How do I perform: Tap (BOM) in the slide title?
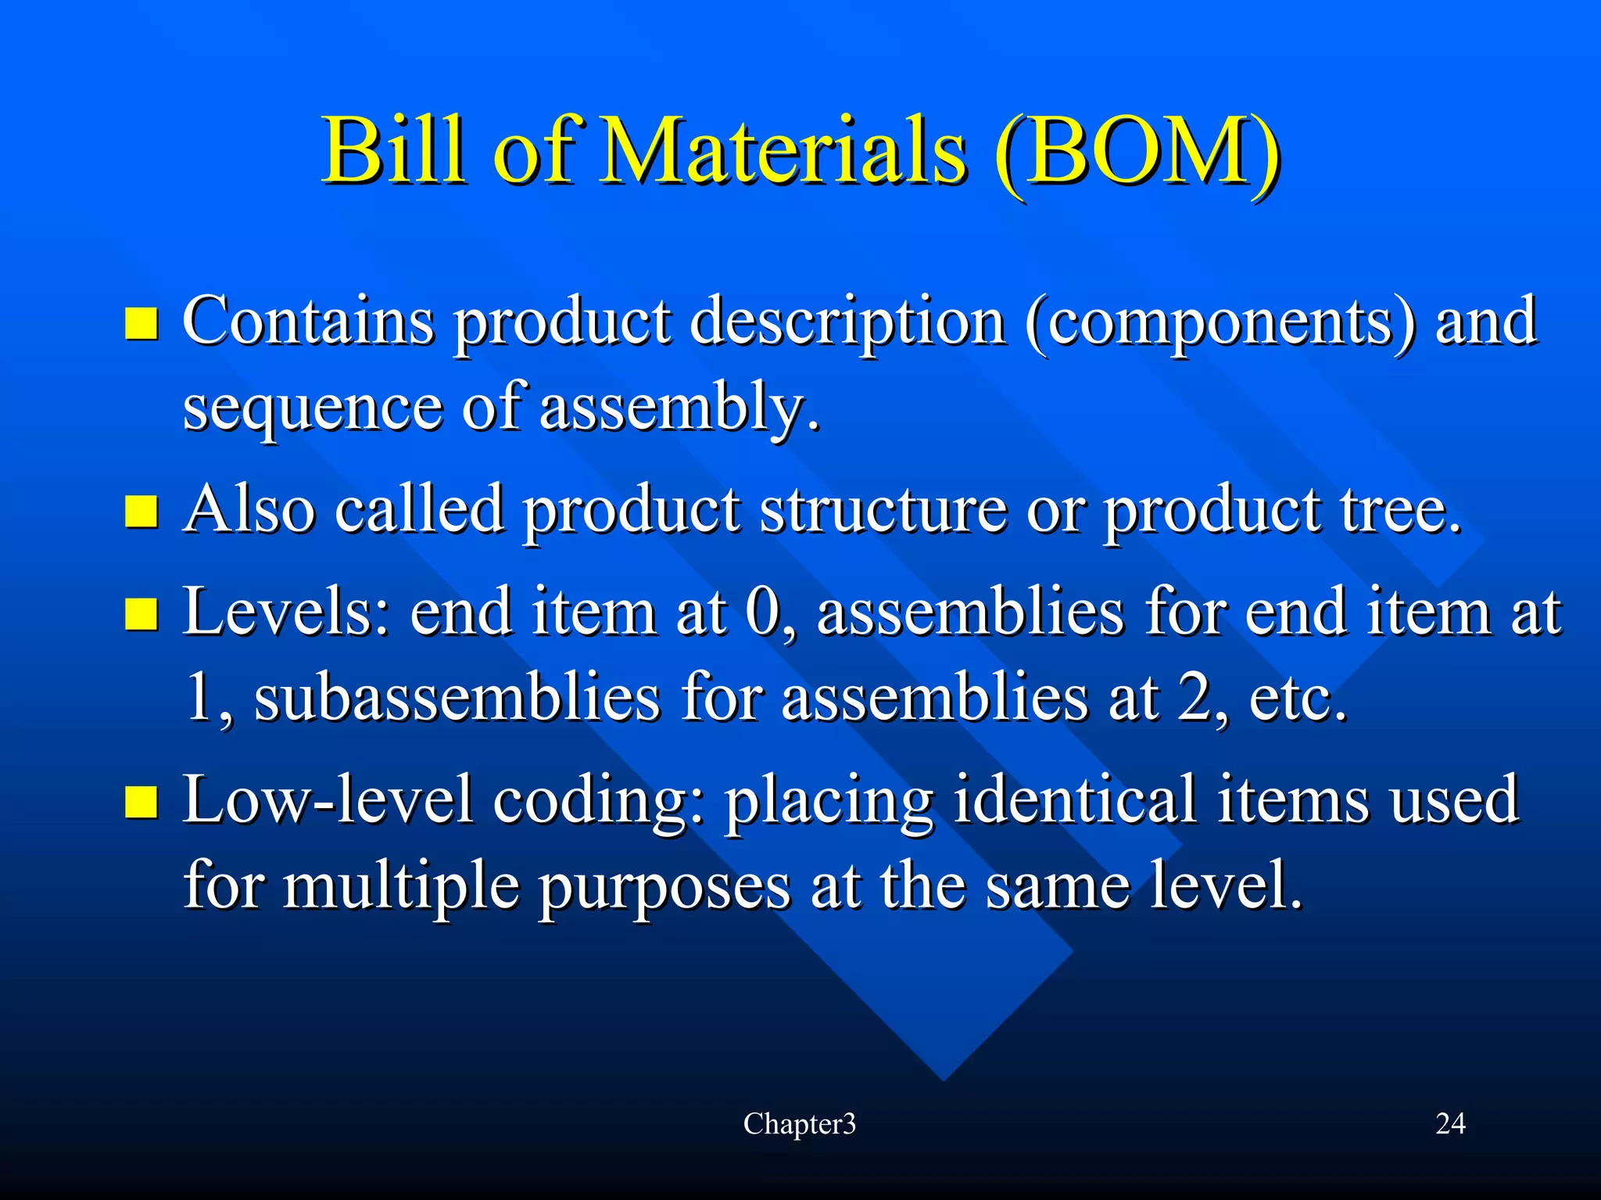coord(1137,150)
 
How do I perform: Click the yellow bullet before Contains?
coord(141,323)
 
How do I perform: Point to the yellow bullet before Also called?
coord(141,512)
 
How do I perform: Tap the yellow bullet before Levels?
coord(141,614)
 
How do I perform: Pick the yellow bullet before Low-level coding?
coord(141,803)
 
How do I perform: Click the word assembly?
coord(679,408)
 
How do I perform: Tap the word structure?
coord(883,510)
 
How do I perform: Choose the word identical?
coord(1075,799)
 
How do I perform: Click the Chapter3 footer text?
coord(799,1124)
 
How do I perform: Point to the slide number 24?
coord(1450,1124)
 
